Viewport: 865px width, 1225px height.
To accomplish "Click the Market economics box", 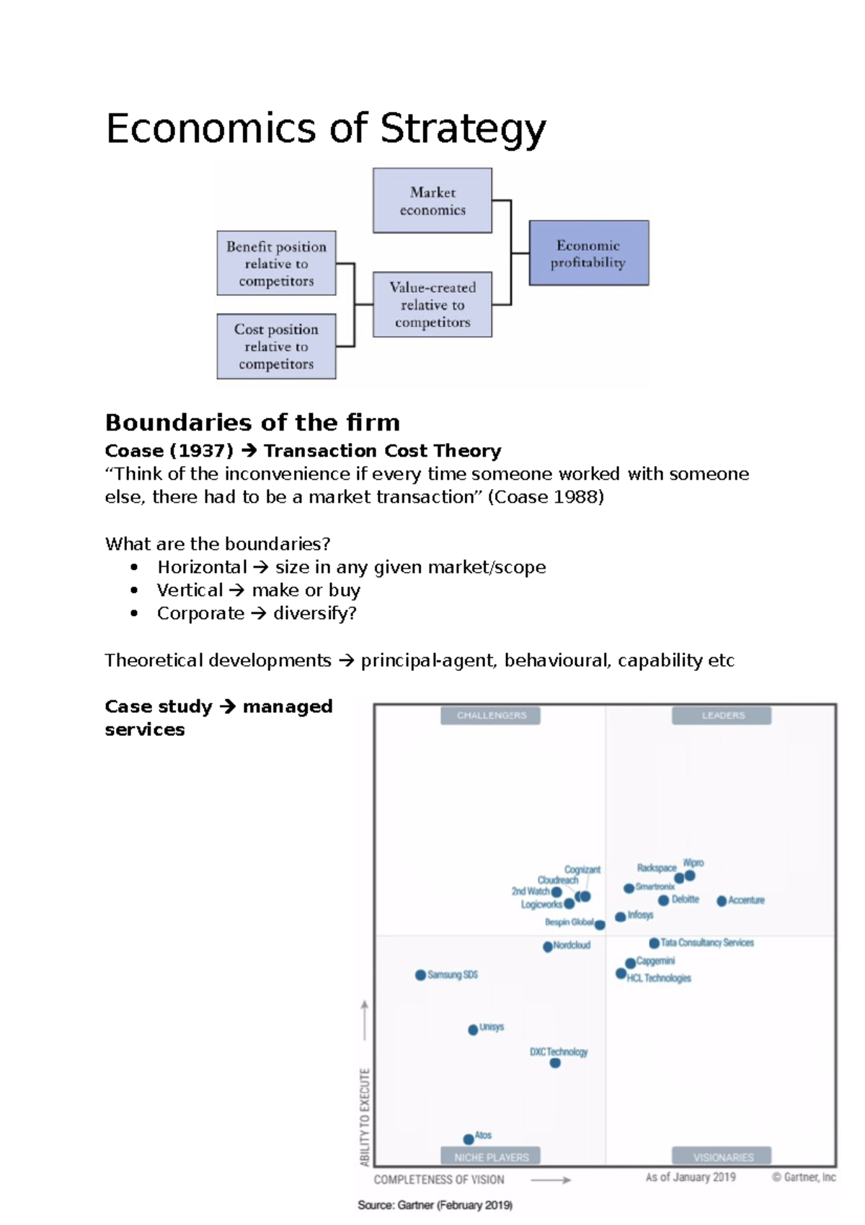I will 432,201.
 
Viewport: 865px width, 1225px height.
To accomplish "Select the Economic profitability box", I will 588,253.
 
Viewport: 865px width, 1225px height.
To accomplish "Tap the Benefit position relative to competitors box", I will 276,263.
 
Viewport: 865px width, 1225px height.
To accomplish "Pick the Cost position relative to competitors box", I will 276,346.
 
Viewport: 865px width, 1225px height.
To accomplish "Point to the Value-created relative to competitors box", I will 432,304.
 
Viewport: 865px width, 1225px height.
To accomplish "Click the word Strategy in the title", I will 463,130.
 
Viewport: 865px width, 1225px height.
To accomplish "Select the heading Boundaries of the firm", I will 252,422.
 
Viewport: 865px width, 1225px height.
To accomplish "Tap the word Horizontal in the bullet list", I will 202,568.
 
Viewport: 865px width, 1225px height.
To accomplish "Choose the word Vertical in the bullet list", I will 190,591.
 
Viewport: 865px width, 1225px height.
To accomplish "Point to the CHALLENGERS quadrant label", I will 491,716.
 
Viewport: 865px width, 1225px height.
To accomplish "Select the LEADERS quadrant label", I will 722,716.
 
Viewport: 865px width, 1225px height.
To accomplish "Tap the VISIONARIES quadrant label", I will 722,1157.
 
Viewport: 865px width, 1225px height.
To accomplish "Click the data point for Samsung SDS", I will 420,975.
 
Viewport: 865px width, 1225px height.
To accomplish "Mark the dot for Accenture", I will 722,901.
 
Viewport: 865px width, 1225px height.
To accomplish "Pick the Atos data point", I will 469,1139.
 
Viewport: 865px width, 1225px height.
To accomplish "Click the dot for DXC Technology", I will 555,1063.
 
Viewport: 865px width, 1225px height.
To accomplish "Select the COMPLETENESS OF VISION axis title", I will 439,1180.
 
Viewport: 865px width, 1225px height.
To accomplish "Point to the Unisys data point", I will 473,1030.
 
